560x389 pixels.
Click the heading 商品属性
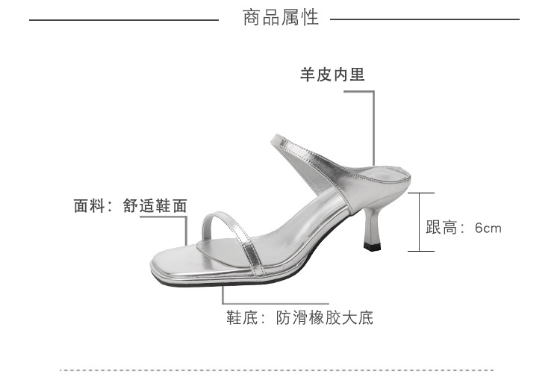click(281, 18)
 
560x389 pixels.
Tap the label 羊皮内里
click(332, 75)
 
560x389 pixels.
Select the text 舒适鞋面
click(155, 206)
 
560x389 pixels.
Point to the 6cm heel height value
click(488, 228)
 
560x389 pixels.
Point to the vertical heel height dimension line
click(420, 222)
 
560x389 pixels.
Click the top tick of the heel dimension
click(420, 193)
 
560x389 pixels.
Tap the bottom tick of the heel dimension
click(420, 251)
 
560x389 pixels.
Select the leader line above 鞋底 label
click(221, 295)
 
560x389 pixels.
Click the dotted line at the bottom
click(276, 370)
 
